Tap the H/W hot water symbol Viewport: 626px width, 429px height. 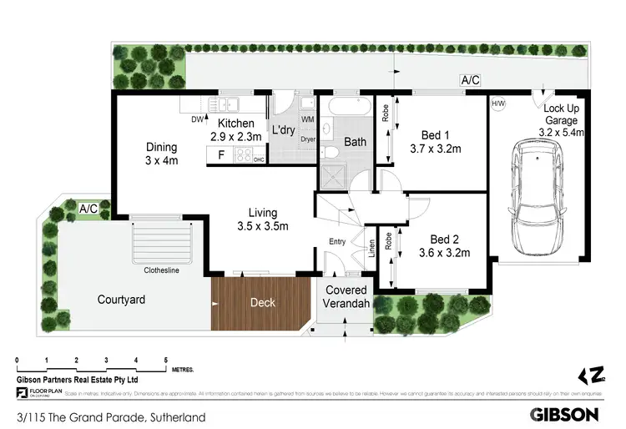498,104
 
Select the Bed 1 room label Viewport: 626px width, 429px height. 436,143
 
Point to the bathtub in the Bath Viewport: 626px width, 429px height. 349,109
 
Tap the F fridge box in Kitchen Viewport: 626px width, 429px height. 220,154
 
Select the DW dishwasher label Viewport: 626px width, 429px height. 198,119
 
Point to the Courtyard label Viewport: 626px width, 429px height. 122,300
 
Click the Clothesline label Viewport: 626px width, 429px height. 161,270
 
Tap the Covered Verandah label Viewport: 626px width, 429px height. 346,297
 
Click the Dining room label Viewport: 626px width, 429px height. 162,154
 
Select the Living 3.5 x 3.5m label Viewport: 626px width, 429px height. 263,220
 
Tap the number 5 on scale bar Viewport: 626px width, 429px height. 166,359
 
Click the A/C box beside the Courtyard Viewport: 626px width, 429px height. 89,208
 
